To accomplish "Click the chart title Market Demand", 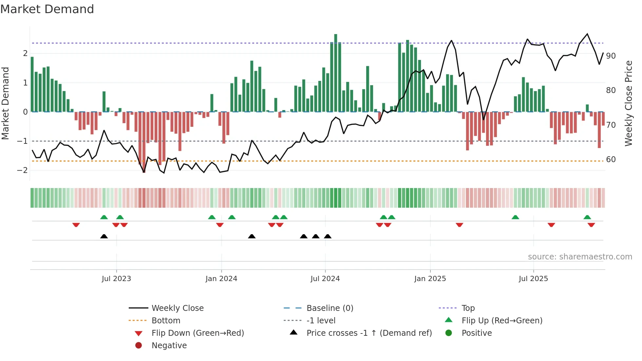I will pos(47,9).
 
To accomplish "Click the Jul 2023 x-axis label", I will pos(116,279).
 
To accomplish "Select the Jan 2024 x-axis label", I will pos(221,279).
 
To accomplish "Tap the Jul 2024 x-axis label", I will pos(325,279).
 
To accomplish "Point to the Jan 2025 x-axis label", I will pos(430,279).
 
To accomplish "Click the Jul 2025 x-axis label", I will pos(533,279).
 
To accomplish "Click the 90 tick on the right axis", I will pos(611,56).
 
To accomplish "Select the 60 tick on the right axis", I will pos(611,160).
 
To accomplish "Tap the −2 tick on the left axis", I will pos(22,170).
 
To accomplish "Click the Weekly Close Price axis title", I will pos(628,103).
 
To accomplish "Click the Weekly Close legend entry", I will pos(177,308).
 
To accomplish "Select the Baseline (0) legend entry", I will pos(330,308).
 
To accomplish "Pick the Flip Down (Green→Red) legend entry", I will pos(198,333).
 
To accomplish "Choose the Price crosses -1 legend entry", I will pos(369,333).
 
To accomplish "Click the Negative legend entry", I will pos(169,346).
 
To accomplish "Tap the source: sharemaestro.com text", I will pos(580,257).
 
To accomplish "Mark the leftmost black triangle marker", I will pos(104,236).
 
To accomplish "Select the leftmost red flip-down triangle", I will pos(76,225).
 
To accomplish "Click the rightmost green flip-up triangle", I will pos(587,217).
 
